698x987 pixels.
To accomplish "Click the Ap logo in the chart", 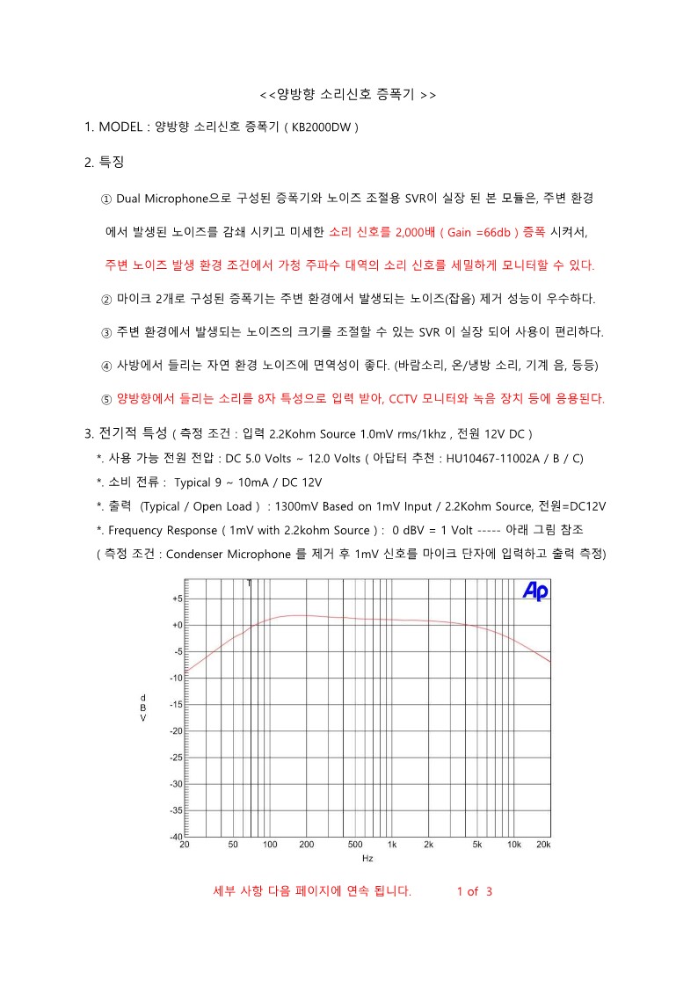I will tap(535, 592).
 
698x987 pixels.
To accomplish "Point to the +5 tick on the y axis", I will tap(176, 599).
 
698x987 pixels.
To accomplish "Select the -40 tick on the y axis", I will tap(175, 836).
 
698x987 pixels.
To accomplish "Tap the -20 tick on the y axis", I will tap(175, 731).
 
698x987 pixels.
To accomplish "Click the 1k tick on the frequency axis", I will tap(392, 845).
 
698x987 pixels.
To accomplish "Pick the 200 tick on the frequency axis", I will tap(307, 845).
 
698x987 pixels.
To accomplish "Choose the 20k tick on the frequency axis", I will tap(543, 845).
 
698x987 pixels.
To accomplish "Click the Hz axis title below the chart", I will tap(367, 859).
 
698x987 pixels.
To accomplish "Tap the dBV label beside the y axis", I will tap(143, 708).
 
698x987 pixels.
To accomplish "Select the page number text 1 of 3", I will tap(475, 891).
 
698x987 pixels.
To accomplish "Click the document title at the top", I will tap(349, 93).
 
